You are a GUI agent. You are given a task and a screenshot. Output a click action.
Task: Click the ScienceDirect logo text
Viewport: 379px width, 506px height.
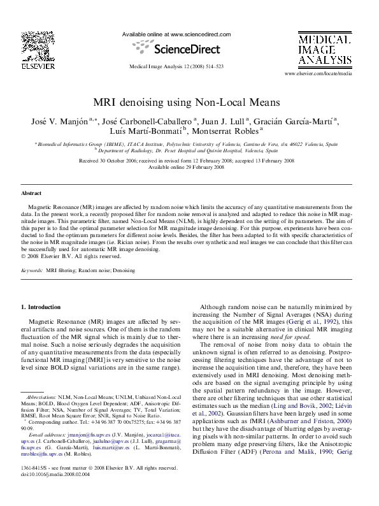pos(176,48)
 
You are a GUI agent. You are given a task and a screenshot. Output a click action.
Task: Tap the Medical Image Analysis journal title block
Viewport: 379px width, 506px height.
pos(324,50)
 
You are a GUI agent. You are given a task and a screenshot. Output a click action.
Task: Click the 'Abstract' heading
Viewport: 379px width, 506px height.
pos(32,192)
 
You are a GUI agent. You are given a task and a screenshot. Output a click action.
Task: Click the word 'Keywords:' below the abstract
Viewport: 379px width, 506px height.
pos(32,271)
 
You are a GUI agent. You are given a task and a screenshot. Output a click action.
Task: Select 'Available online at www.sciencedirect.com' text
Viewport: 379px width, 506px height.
pos(176,35)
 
